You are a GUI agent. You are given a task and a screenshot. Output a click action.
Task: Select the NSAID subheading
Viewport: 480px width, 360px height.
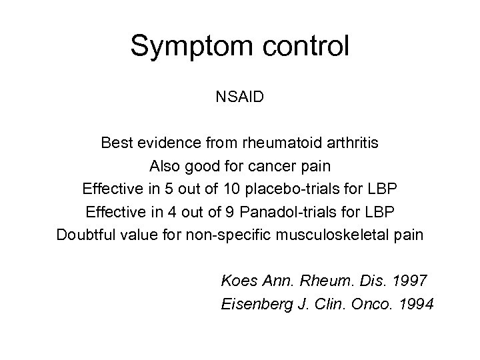click(x=240, y=97)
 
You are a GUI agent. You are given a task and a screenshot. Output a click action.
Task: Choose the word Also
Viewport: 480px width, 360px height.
click(x=164, y=165)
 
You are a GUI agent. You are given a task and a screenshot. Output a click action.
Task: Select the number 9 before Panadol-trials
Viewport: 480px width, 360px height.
click(x=223, y=212)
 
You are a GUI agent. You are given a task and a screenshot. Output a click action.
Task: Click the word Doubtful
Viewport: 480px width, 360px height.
click(x=84, y=235)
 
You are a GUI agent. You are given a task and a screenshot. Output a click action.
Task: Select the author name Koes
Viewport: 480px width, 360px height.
click(x=236, y=281)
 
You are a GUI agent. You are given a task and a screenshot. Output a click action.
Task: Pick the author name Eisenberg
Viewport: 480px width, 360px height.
click(x=249, y=304)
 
